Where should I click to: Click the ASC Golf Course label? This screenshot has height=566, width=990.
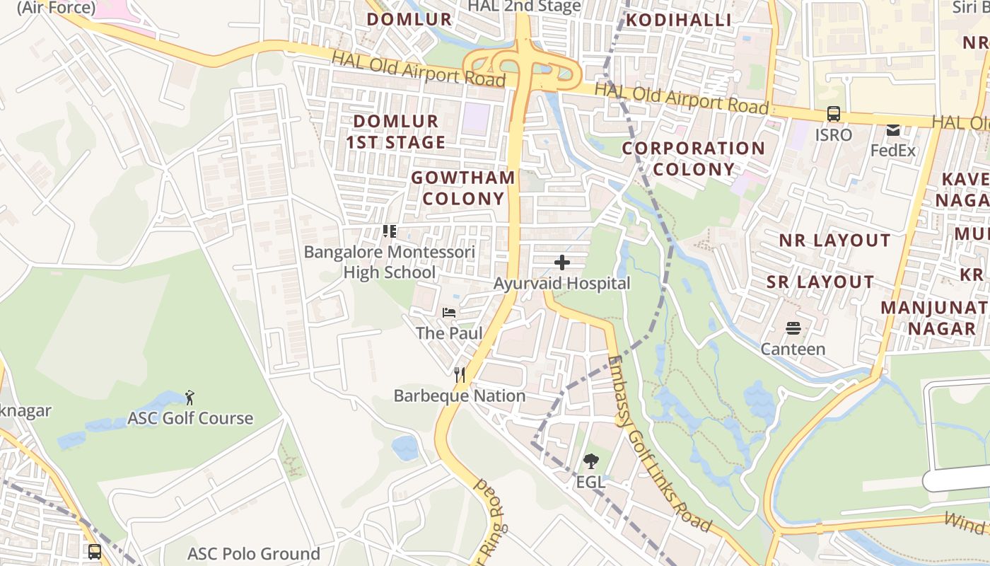(x=190, y=418)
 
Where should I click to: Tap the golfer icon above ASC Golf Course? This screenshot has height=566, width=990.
(x=189, y=397)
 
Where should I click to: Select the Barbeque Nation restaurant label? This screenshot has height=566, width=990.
(x=460, y=396)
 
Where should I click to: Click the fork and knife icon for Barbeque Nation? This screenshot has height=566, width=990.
(x=460, y=375)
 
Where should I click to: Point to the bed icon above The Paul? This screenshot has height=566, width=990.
(x=449, y=313)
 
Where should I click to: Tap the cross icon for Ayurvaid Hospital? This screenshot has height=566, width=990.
(x=562, y=263)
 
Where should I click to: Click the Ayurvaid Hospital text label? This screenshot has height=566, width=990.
(x=562, y=284)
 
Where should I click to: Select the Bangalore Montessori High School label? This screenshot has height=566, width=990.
(x=390, y=262)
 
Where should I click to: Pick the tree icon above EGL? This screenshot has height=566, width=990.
(x=590, y=462)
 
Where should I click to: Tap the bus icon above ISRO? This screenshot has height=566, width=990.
(x=834, y=114)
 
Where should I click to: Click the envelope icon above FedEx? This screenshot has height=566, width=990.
(x=892, y=130)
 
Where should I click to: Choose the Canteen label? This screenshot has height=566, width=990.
(x=793, y=349)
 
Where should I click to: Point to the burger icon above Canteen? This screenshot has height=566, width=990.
(x=793, y=328)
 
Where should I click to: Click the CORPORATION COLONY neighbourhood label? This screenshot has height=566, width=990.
(x=693, y=158)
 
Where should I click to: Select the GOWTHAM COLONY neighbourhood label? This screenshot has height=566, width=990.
(x=463, y=187)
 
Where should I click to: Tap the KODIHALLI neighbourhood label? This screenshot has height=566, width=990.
(x=679, y=20)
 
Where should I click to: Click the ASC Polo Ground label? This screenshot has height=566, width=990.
(x=254, y=553)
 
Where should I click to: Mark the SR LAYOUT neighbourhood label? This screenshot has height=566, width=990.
(x=820, y=282)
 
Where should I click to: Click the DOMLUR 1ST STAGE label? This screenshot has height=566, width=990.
(x=396, y=132)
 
